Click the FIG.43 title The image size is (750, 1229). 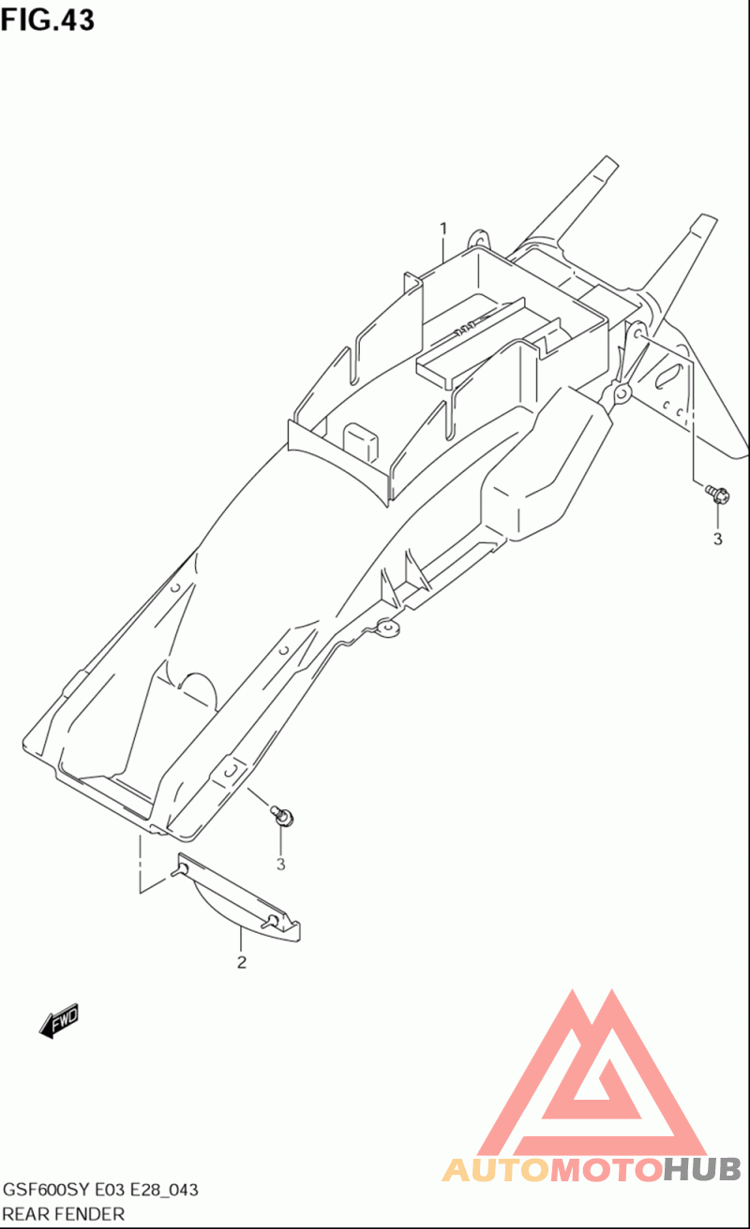47,20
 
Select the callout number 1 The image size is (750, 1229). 443,229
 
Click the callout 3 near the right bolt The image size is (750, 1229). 717,540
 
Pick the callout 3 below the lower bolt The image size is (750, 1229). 280,865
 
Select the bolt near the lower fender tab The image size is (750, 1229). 282,815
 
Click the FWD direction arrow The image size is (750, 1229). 59,1021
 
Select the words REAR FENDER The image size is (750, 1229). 64,1214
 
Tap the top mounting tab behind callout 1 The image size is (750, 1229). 479,239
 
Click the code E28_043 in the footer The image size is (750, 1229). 164,1190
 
